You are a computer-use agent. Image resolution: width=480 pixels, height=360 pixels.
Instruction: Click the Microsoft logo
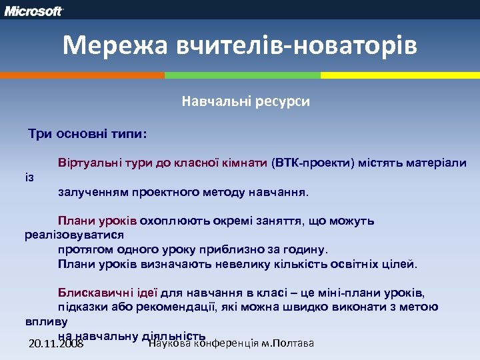(x=34, y=11)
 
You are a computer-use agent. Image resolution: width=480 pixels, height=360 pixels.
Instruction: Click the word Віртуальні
(x=86, y=163)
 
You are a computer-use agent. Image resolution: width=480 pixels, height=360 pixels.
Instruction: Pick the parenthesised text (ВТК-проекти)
(x=313, y=163)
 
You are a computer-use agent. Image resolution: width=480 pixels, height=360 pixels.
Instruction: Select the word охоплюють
(x=169, y=221)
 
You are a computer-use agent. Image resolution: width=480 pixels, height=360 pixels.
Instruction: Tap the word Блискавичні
(x=93, y=293)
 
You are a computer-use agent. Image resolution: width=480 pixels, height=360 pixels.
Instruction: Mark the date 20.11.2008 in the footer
(x=57, y=345)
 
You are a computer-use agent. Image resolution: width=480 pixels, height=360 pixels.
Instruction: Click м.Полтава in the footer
(x=287, y=343)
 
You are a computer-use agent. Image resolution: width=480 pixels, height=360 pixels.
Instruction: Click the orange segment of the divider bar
(x=82, y=75)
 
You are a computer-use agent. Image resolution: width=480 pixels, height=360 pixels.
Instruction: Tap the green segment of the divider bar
(x=242, y=75)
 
